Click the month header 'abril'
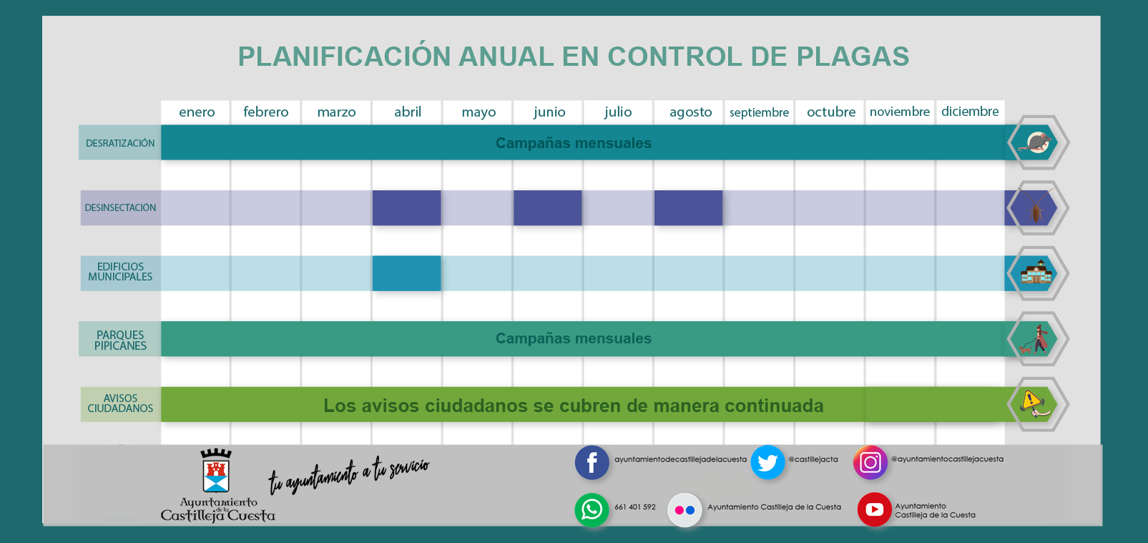click(408, 112)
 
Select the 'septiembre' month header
click(759, 112)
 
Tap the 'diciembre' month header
click(970, 112)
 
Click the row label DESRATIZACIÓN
click(120, 143)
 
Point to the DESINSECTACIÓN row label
click(120, 207)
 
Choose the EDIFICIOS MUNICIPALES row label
click(120, 272)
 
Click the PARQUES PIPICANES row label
click(120, 340)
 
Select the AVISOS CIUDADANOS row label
click(120, 403)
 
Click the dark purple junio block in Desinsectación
click(547, 207)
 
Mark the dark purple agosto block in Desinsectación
click(688, 207)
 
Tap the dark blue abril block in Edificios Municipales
click(406, 273)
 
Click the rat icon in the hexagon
click(1037, 143)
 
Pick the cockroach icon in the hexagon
click(1036, 209)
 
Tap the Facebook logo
click(592, 463)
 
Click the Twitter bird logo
click(767, 463)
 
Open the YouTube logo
click(874, 509)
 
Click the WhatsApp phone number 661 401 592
click(635, 507)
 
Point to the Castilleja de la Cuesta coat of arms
click(216, 472)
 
